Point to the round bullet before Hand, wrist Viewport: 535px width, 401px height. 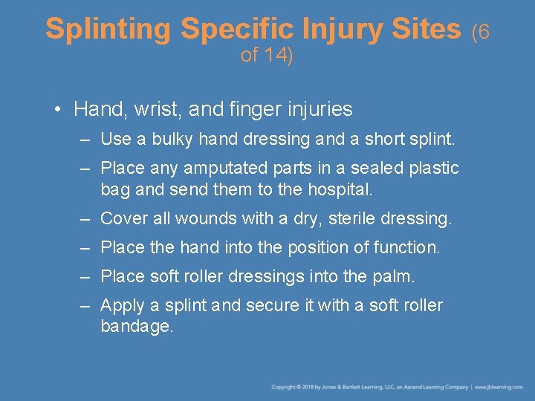(x=58, y=110)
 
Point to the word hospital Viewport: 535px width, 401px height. (x=335, y=189)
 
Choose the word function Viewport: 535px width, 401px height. (x=406, y=247)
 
